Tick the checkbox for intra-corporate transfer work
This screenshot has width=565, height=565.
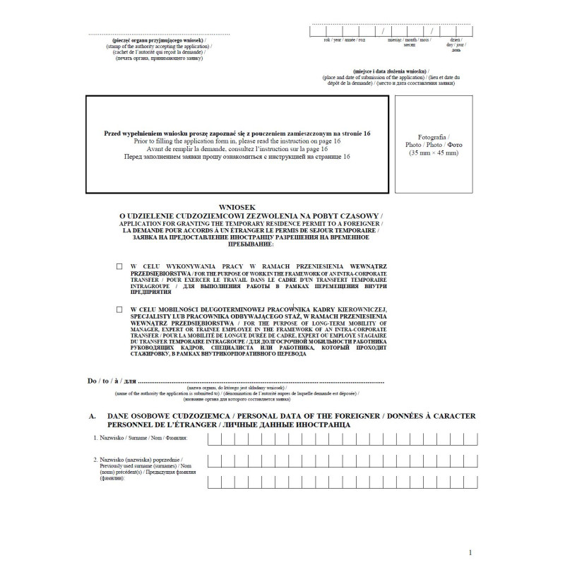119,266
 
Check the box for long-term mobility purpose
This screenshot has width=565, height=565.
119,309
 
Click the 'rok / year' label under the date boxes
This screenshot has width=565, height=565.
332,41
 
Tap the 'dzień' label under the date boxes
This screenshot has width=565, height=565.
456,40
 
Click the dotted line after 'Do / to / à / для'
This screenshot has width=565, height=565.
261,381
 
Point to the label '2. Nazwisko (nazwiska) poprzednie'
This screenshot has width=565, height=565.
142,460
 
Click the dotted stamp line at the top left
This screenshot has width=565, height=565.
160,34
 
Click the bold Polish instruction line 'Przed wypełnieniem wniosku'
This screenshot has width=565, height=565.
237,133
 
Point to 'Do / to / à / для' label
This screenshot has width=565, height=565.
112,381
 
